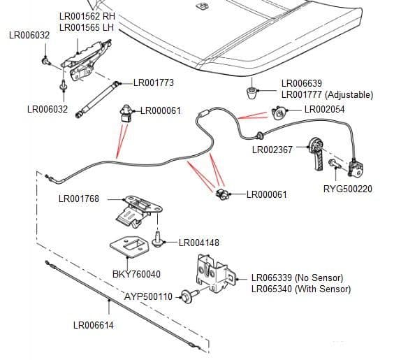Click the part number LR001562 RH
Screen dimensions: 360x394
(x=87, y=16)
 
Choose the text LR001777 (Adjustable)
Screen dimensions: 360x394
(x=326, y=95)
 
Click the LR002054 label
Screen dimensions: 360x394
(x=325, y=110)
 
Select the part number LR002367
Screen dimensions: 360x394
(x=273, y=149)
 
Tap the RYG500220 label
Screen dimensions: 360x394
(x=347, y=189)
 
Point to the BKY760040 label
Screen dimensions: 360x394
(x=136, y=275)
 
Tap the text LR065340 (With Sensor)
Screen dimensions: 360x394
(x=300, y=289)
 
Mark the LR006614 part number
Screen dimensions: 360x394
(x=94, y=325)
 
